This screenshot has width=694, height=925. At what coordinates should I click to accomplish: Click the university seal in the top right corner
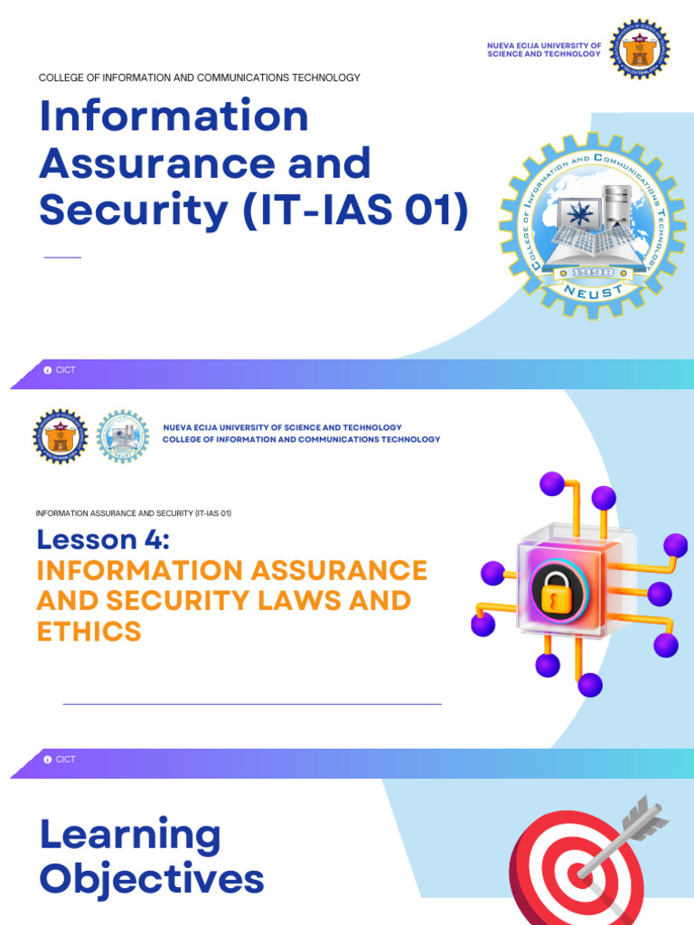click(x=639, y=49)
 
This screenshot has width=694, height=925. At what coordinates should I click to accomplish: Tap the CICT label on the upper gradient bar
click(x=66, y=370)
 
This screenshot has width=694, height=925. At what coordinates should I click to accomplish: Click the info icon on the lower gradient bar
click(x=48, y=760)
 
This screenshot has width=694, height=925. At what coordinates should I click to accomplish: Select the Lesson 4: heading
click(x=103, y=539)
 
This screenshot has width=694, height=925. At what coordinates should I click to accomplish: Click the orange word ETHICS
click(x=89, y=631)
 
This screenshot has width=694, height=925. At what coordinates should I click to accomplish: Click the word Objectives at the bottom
click(x=151, y=879)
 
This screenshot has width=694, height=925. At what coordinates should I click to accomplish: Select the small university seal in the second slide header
click(x=61, y=437)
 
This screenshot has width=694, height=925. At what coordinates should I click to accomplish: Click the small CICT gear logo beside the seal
click(x=122, y=437)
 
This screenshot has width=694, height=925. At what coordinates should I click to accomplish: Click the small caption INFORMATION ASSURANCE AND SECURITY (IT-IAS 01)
click(x=134, y=513)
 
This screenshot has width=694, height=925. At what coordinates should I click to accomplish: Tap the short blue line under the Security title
click(x=62, y=257)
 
